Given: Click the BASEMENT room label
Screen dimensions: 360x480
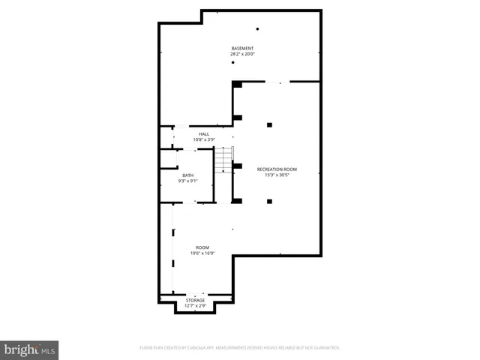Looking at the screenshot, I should pyautogui.click(x=241, y=48).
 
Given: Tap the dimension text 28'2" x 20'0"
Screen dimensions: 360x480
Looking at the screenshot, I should pyautogui.click(x=241, y=54).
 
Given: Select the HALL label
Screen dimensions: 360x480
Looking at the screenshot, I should pyautogui.click(x=204, y=133).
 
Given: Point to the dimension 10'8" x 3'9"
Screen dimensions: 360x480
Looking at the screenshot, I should pyautogui.click(x=204, y=139).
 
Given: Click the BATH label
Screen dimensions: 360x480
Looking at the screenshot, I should pyautogui.click(x=187, y=175).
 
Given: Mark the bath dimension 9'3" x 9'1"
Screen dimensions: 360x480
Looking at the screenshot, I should pyautogui.click(x=187, y=181).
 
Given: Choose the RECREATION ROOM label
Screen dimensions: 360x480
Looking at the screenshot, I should pyautogui.click(x=277, y=169).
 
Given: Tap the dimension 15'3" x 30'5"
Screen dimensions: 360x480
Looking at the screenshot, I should pyautogui.click(x=277, y=175).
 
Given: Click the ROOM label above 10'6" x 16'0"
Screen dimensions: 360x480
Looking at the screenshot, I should pyautogui.click(x=202, y=247).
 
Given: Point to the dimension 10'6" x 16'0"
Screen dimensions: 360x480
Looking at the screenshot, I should pyautogui.click(x=202, y=253).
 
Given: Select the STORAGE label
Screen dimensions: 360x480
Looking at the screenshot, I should pyautogui.click(x=195, y=300).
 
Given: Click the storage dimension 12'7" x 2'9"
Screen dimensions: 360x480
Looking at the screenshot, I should pyautogui.click(x=195, y=306).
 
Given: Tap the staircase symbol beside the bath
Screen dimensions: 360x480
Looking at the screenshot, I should pyautogui.click(x=223, y=160).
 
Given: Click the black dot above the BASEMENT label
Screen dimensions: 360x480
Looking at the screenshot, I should pyautogui.click(x=257, y=29).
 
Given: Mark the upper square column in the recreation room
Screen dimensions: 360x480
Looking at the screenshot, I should pyautogui.click(x=269, y=124).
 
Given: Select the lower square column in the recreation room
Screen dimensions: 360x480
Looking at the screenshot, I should pyautogui.click(x=269, y=201).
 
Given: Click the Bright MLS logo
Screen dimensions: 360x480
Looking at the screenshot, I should pyautogui.click(x=29, y=350).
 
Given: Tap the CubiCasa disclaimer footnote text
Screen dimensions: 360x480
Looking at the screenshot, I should pyautogui.click(x=240, y=348).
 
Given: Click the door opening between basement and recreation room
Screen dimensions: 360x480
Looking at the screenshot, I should pyautogui.click(x=277, y=82).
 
